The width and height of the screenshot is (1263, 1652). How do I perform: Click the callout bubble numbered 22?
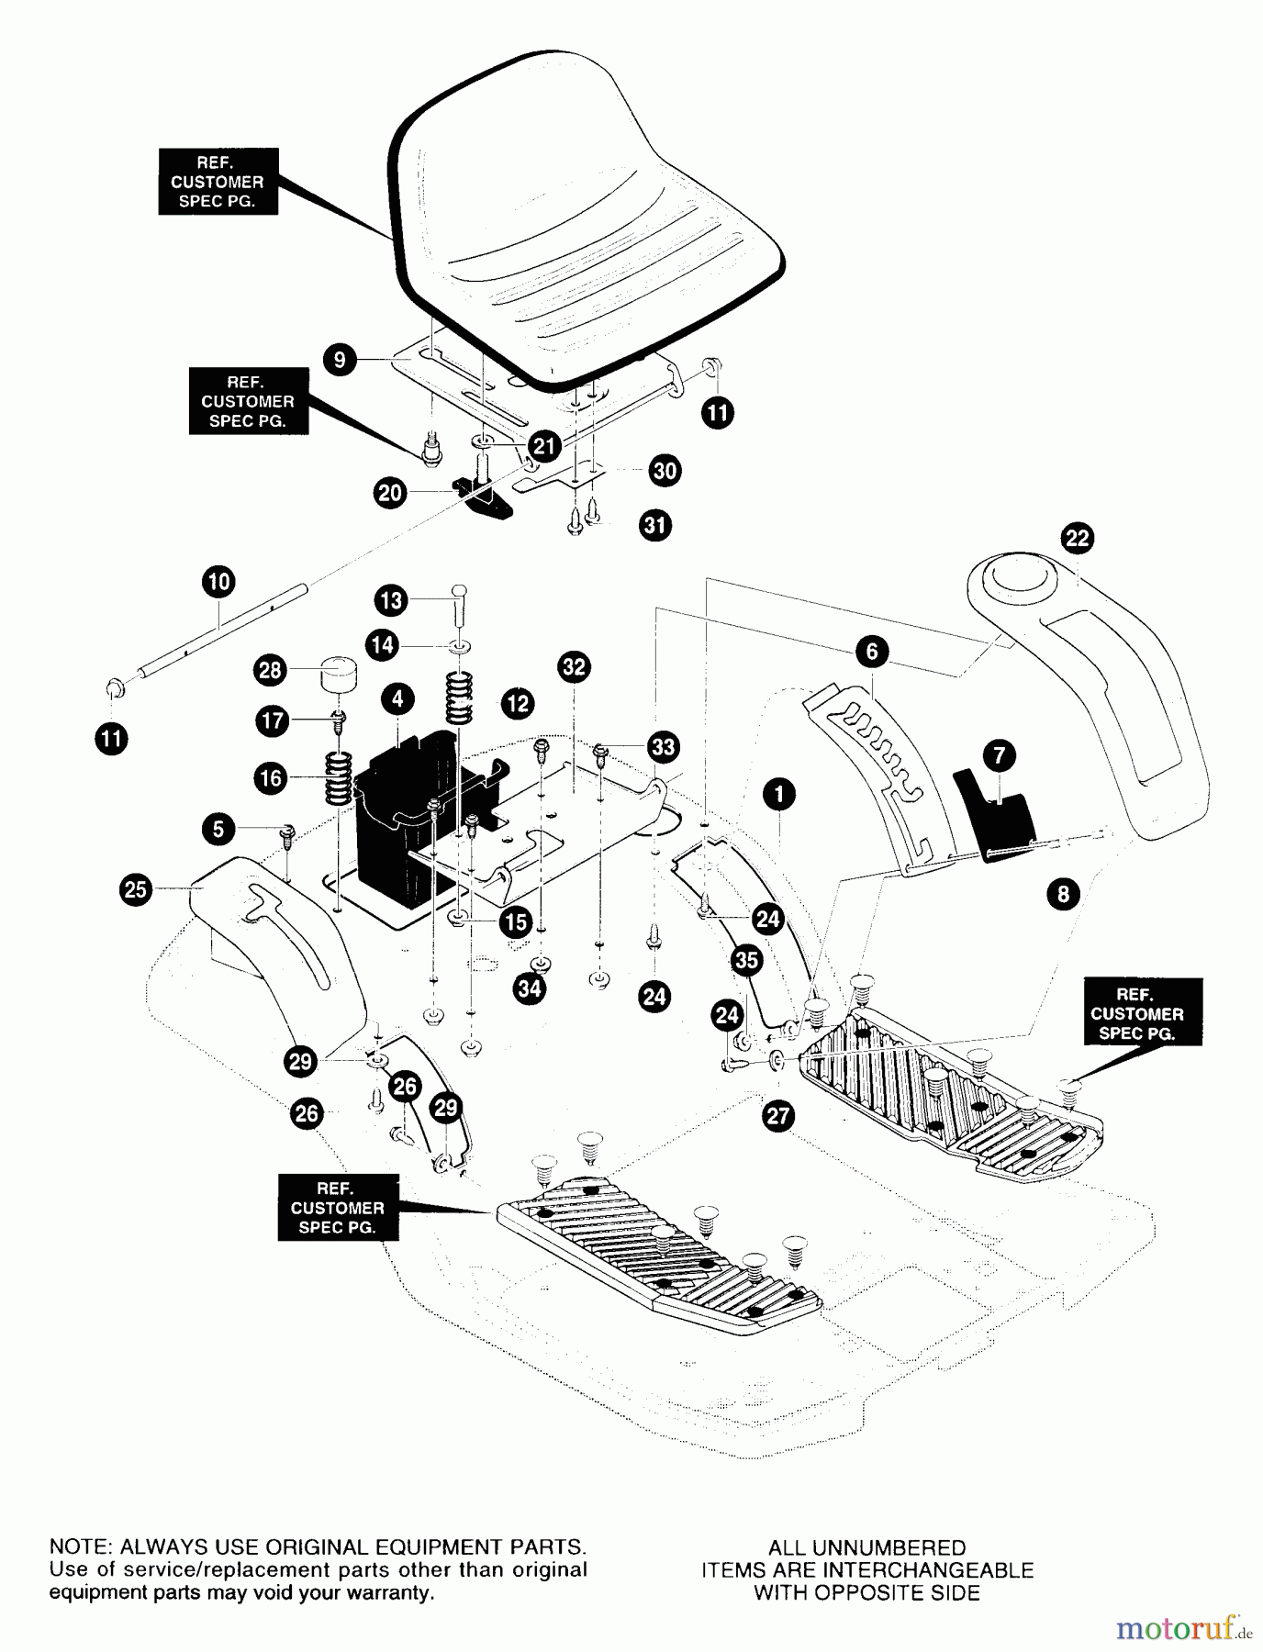point(1077,538)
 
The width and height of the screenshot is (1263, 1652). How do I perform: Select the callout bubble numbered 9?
point(340,359)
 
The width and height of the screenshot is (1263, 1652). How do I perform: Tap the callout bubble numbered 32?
point(574,667)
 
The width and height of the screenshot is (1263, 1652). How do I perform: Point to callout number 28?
point(270,670)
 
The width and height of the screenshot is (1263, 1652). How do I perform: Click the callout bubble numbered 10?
point(218,581)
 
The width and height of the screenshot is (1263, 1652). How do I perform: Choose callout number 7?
point(999,756)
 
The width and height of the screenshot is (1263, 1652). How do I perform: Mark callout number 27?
point(777,1116)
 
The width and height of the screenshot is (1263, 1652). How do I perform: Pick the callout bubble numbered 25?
point(135,889)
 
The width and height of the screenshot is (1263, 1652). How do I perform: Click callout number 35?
point(747,960)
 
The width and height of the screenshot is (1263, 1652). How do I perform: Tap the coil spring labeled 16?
point(339,778)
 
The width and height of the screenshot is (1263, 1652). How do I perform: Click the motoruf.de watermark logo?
point(1183,1629)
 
